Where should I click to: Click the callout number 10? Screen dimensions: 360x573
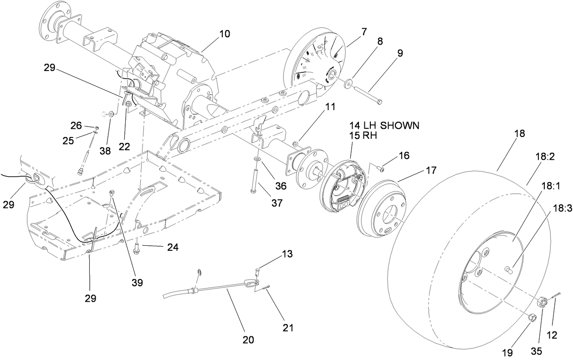tap(224, 34)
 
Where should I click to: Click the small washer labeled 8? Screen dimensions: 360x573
tap(348, 83)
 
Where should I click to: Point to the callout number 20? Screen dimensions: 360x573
tap(249, 340)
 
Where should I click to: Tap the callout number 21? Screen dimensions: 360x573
tap(288, 327)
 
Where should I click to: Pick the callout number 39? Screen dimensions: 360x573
tap(137, 282)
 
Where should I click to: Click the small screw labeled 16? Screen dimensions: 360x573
tap(380, 169)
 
